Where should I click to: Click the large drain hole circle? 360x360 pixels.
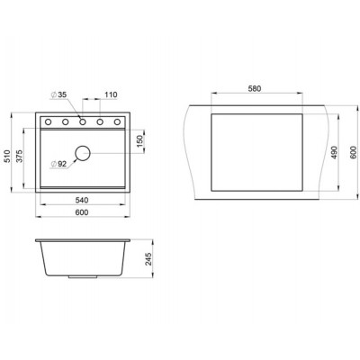pyautogui.click(x=83, y=154)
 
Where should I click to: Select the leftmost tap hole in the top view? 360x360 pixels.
pyautogui.click(x=49, y=121)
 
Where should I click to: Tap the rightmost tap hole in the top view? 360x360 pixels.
pyautogui.click(x=117, y=121)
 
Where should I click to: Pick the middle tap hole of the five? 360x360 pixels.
pyautogui.click(x=83, y=121)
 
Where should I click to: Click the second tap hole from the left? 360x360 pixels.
pyautogui.click(x=66, y=121)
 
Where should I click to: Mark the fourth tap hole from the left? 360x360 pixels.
pyautogui.click(x=100, y=121)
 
